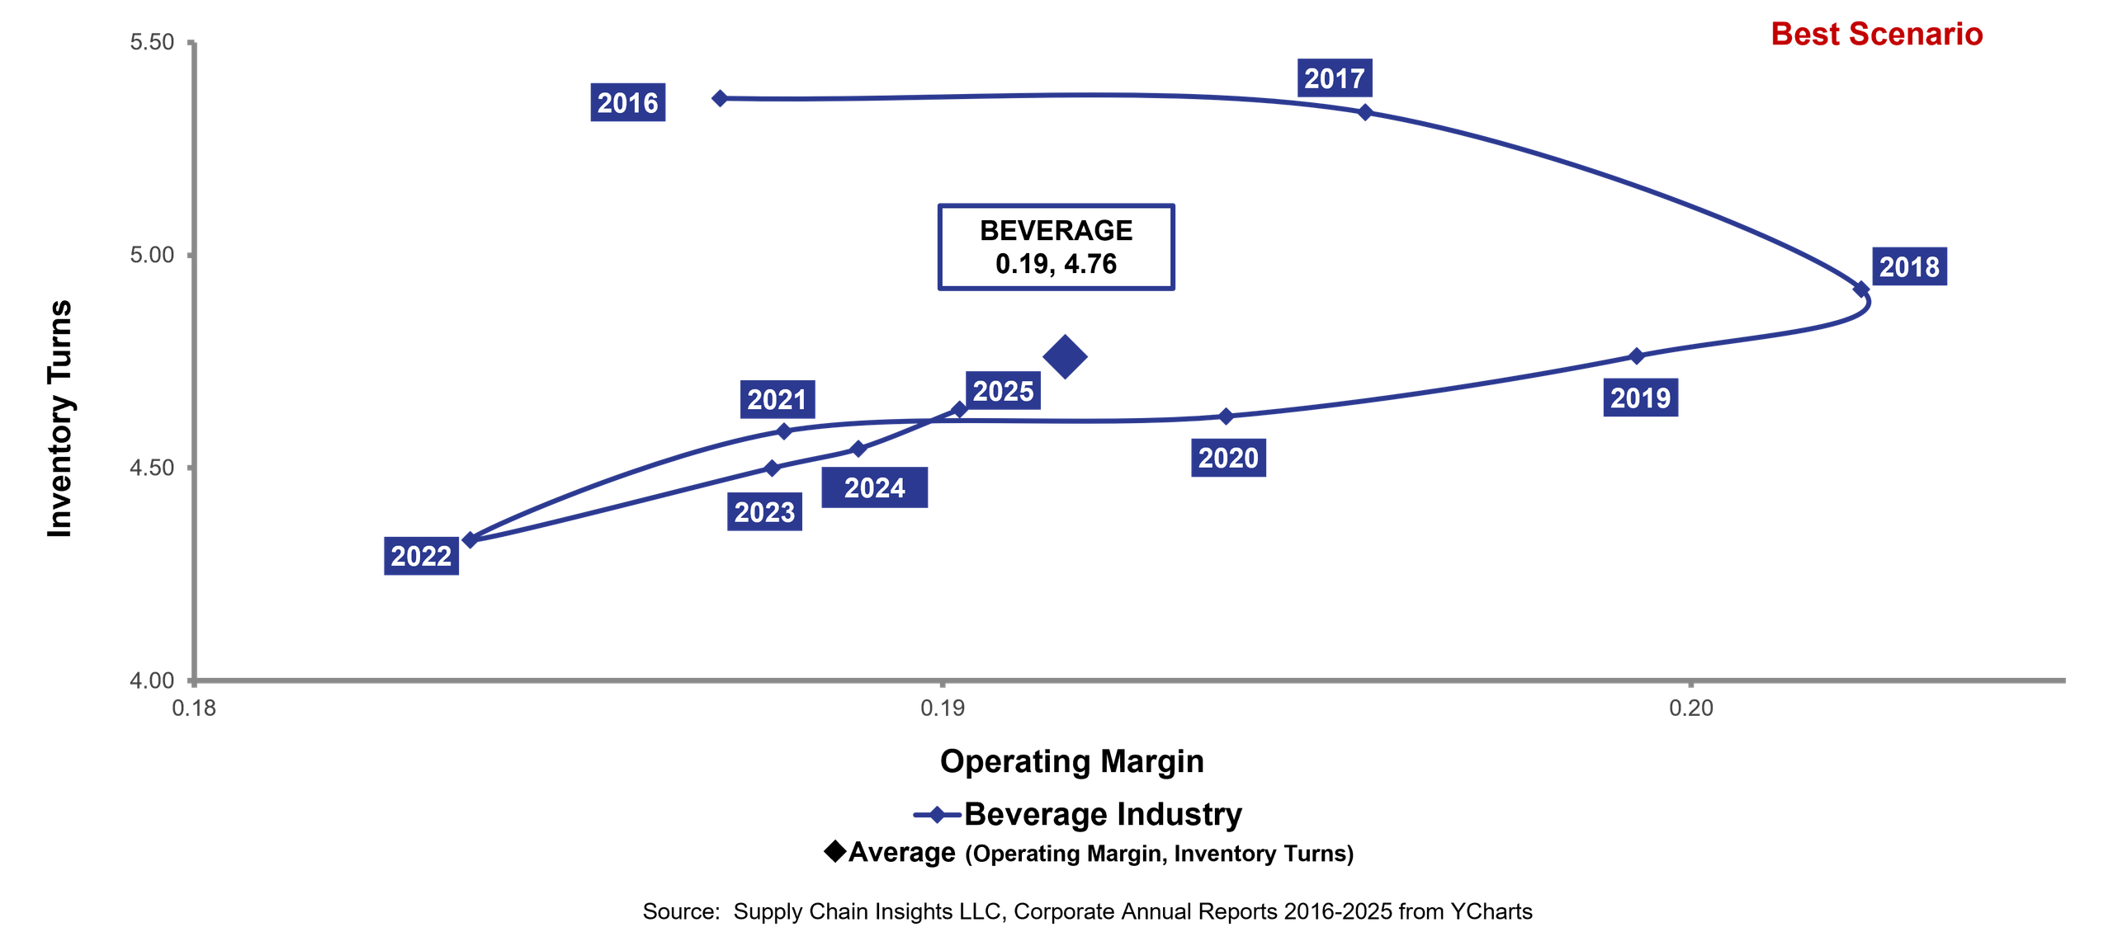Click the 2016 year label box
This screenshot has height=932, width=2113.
(627, 102)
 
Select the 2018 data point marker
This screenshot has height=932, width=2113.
(1861, 289)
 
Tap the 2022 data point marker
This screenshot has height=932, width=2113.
(470, 540)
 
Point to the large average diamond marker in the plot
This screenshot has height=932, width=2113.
(1065, 357)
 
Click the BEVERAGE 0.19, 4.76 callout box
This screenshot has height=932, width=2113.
(1056, 247)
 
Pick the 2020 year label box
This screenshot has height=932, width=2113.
(1227, 458)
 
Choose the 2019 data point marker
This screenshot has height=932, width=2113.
(1636, 356)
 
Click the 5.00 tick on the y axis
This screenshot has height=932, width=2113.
(191, 255)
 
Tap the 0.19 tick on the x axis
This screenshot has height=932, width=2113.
(943, 684)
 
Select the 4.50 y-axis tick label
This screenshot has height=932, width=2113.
(152, 468)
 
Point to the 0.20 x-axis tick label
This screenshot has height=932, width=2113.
(1691, 708)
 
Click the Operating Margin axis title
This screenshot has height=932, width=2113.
(1071, 761)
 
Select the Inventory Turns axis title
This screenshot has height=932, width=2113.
(60, 419)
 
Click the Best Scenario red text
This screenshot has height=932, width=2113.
(1876, 34)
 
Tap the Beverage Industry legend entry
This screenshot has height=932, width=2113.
(1077, 815)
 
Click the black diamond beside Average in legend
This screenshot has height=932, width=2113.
(835, 851)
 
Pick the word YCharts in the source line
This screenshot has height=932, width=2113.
(1491, 911)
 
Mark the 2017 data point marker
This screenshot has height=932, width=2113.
(1365, 112)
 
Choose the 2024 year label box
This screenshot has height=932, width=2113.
(874, 487)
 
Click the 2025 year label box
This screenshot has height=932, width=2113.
(1003, 391)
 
